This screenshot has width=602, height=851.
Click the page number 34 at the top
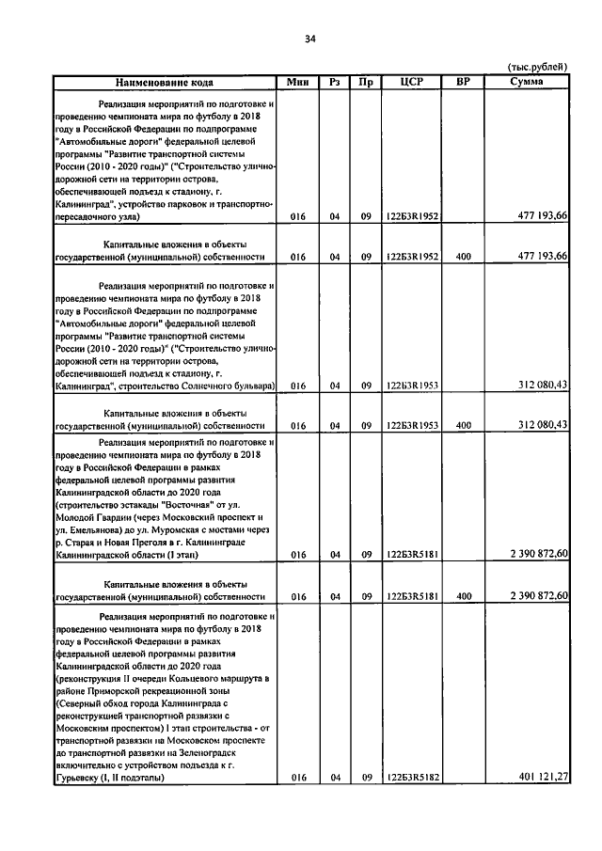(309, 39)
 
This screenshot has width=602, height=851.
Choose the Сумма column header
(524, 82)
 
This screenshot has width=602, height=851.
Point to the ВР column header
(462, 82)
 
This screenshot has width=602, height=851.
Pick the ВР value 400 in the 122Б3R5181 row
(462, 596)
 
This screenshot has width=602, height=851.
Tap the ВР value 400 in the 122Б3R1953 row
(462, 425)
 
